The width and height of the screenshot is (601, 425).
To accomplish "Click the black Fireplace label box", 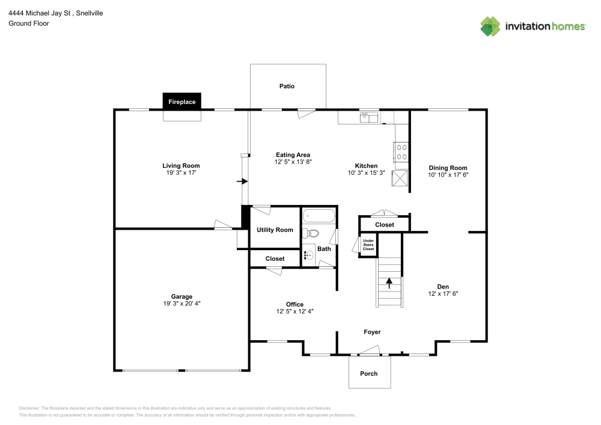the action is coord(182,102).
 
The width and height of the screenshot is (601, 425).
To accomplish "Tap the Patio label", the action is coord(287,86).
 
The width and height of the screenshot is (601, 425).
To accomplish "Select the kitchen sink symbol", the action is coord(369,117).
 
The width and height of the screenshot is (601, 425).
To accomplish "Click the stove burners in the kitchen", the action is coord(401,151).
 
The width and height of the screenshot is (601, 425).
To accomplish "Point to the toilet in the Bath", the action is coord(311,233).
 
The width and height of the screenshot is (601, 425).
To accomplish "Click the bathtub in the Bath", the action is coord(319,216).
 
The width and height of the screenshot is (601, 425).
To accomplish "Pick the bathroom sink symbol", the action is coord(308,255).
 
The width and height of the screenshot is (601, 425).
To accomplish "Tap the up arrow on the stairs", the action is coord(389,283).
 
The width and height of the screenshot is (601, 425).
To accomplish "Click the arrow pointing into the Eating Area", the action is coord(242,182).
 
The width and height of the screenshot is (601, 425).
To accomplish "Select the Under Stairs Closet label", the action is coord(368,245).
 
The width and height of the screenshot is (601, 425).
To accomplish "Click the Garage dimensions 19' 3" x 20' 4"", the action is coord(182,304).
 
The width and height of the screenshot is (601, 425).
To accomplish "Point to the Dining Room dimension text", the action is coord(448,175).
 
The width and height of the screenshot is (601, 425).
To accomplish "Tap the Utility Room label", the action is coord(275,230).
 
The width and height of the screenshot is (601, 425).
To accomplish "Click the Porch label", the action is coord(369,374).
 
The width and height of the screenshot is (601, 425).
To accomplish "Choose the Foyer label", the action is coord(372,332).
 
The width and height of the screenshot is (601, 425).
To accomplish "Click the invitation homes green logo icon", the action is coord(490,26).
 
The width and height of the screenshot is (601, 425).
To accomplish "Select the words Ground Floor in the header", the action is coord(29,23).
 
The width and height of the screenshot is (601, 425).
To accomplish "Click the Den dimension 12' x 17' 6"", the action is coord(443,293).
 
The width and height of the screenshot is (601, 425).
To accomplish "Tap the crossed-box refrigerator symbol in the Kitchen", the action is coord(400,179).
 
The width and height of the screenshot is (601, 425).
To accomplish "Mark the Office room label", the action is coord(294,304).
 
